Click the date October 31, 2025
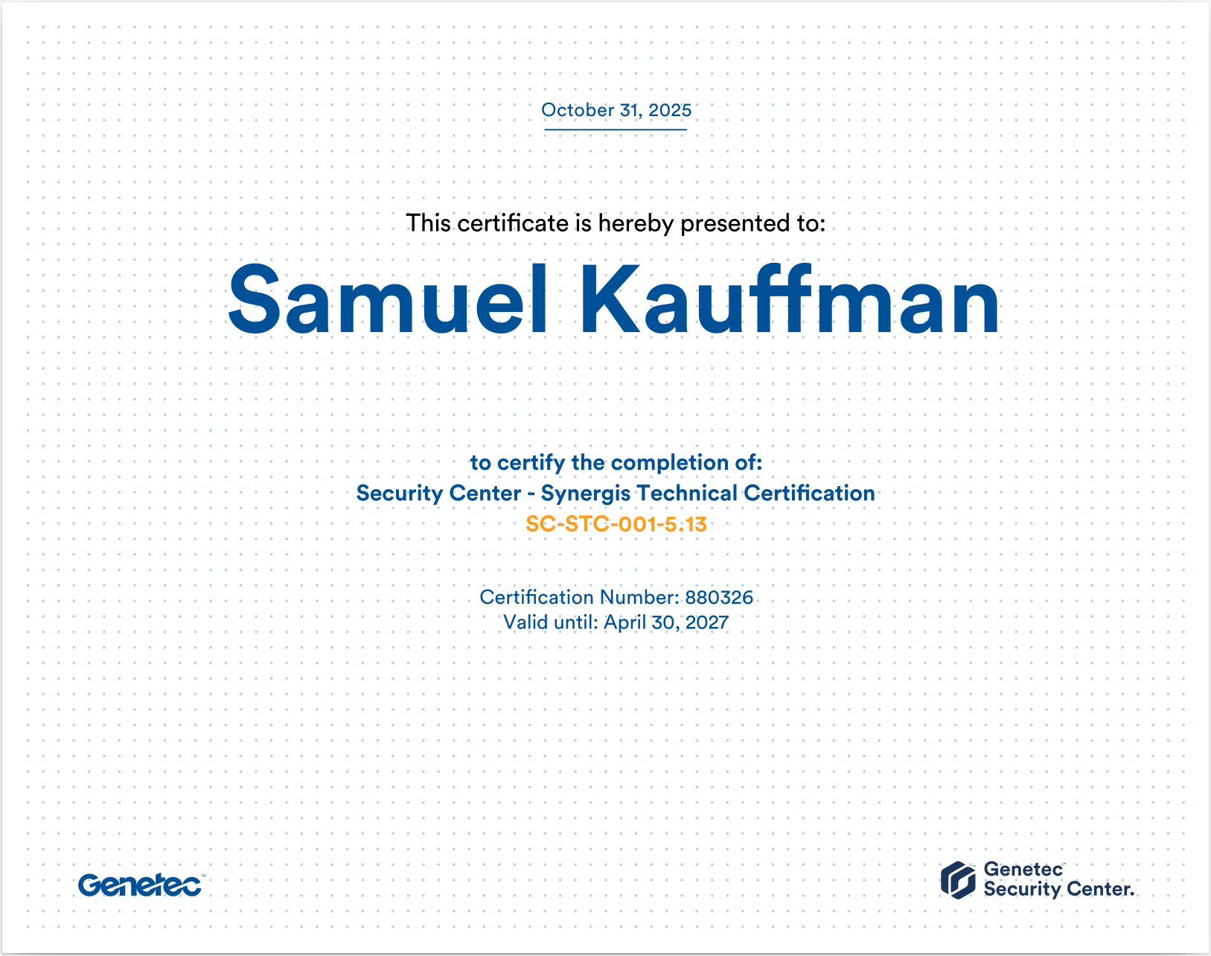point(616,110)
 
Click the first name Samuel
point(387,301)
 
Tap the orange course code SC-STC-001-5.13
point(616,524)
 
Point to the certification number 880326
point(719,597)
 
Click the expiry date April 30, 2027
point(666,622)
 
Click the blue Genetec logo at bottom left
point(140,885)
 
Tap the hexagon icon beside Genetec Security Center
point(958,880)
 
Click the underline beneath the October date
point(616,130)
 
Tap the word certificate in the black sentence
point(513,223)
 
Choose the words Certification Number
point(579,597)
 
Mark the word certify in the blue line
point(531,463)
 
